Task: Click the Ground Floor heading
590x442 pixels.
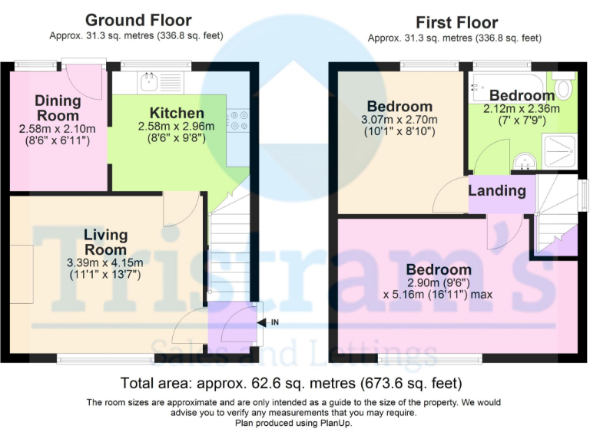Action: (138, 20)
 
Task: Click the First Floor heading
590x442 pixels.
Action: (456, 23)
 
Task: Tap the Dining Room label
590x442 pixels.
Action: (58, 107)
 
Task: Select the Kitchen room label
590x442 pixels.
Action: (177, 114)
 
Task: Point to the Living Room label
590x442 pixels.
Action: (105, 242)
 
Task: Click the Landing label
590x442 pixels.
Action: (497, 190)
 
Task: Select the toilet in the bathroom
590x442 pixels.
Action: (563, 87)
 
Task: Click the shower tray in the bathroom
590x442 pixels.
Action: (559, 150)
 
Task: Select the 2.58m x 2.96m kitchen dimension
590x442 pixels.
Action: (176, 126)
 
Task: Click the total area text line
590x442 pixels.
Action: (291, 383)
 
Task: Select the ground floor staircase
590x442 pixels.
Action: (227, 246)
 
